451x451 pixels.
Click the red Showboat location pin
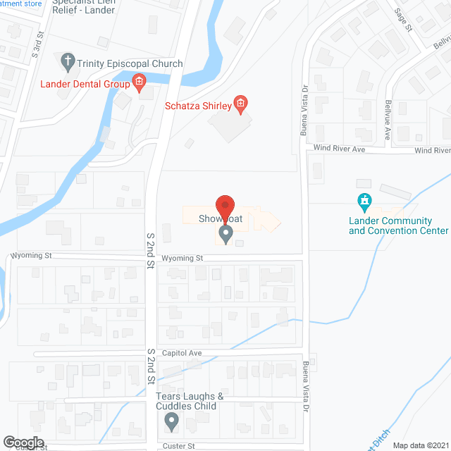click(225, 206)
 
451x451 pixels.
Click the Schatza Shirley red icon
click(240, 106)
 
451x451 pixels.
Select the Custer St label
click(179, 445)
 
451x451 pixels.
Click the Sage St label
click(403, 20)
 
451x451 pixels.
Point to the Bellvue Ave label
click(387, 125)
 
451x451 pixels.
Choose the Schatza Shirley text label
click(198, 106)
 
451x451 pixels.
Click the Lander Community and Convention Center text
click(398, 225)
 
